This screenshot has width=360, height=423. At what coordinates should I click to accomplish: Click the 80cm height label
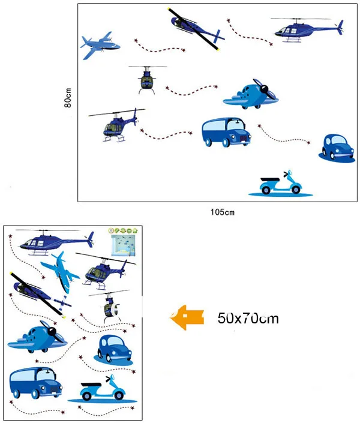(x=68, y=98)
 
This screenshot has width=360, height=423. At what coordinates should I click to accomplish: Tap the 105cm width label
(x=223, y=212)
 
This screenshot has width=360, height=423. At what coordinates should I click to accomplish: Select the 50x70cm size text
(x=248, y=319)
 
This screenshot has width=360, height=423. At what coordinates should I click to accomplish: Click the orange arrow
(x=187, y=317)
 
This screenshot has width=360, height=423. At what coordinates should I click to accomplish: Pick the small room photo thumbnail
(x=124, y=245)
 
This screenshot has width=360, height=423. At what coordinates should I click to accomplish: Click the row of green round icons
(x=123, y=230)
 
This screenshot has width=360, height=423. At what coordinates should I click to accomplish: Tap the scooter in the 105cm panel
(x=281, y=184)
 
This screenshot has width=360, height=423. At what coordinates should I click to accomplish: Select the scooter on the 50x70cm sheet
(x=103, y=388)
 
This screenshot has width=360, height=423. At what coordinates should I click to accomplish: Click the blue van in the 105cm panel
(x=226, y=132)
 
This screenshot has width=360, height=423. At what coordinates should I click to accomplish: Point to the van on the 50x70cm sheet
(x=35, y=383)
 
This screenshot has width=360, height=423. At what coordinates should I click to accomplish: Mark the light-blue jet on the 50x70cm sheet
(x=61, y=272)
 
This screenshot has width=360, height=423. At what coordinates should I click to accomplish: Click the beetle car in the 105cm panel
(x=337, y=148)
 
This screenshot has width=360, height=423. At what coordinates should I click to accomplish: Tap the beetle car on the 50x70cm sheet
(x=114, y=350)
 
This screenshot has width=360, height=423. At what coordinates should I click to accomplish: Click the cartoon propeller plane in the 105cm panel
(x=251, y=94)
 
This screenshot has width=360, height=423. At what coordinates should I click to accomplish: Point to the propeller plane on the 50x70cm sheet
(x=37, y=337)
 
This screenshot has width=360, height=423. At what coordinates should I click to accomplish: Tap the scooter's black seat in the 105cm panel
(x=270, y=179)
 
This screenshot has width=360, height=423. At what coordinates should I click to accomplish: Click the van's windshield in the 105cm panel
(x=236, y=125)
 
